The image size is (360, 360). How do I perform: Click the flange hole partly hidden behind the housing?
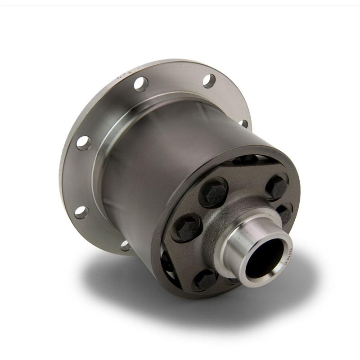(243, 123)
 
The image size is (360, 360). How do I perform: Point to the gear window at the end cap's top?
(247, 159)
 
